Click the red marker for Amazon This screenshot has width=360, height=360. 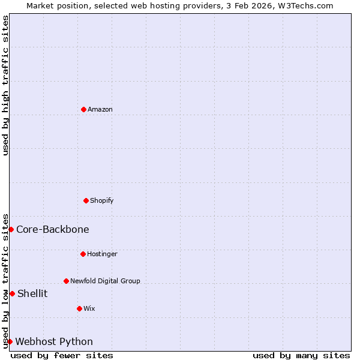coord(83,109)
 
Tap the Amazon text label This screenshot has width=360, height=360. coord(100,109)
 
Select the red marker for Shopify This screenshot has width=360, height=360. coord(86,200)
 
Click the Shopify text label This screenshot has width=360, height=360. coord(102,200)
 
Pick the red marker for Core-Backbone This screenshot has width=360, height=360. coord(11,229)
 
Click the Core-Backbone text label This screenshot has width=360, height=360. coord(53,229)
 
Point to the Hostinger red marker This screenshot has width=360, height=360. coord(83,254)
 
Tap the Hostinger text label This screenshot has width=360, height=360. coord(102,254)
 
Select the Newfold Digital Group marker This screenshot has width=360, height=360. coord(66,281)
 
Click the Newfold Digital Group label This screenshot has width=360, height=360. coord(105,281)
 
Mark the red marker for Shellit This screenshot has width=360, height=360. coord(12,293)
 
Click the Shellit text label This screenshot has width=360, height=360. coord(32,293)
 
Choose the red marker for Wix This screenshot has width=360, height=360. coord(79,308)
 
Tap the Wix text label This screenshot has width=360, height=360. coord(89,308)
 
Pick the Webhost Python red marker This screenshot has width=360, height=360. coord(10,341)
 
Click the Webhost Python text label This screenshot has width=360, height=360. coord(54,341)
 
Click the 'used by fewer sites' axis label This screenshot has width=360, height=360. coord(62,355)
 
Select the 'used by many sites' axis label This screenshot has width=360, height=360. coord(301,355)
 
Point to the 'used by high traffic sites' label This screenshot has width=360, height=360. coord(5,85)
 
